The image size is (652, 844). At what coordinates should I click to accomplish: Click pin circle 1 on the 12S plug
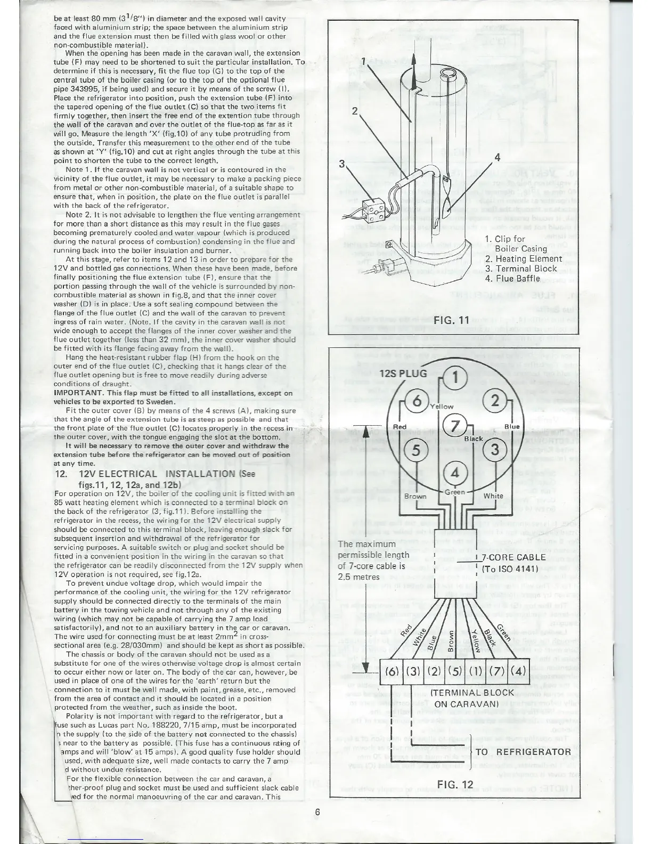click(456, 377)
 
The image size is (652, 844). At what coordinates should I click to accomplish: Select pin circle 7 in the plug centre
click(454, 426)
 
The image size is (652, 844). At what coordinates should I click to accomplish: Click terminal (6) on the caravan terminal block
click(392, 670)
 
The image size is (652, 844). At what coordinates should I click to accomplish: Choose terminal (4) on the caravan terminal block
click(519, 670)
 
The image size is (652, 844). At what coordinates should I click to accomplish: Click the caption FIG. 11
click(451, 320)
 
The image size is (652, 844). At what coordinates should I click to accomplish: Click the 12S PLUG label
click(404, 373)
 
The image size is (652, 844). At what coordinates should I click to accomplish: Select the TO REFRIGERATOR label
click(523, 752)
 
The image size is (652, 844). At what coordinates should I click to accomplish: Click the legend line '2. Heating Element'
click(524, 259)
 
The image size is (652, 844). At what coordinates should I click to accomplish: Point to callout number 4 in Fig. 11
click(497, 157)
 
